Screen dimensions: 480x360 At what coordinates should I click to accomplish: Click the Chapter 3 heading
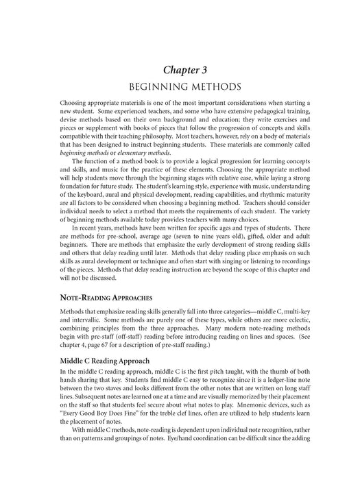[180, 69]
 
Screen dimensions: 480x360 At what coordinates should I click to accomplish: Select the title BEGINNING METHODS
[180, 88]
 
